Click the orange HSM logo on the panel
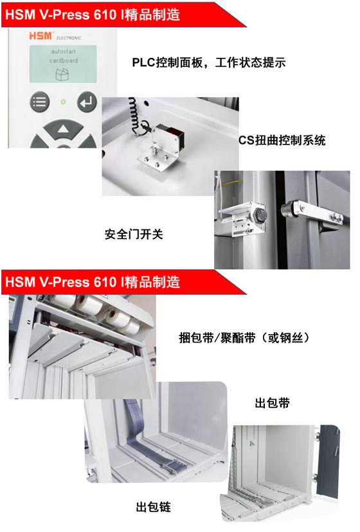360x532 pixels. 40,35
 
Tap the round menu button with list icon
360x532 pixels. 39,102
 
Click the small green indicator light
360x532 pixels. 63,102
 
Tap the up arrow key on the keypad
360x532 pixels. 63,129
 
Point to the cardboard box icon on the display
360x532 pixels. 62,74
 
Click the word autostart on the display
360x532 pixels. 63,51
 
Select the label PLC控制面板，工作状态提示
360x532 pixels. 209,62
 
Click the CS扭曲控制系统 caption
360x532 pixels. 282,140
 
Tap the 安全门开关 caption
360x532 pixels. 134,234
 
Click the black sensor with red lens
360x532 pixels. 169,136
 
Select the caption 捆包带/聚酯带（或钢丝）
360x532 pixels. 244,337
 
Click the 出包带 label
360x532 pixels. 272,403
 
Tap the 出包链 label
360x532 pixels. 153,507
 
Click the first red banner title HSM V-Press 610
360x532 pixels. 93,15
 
